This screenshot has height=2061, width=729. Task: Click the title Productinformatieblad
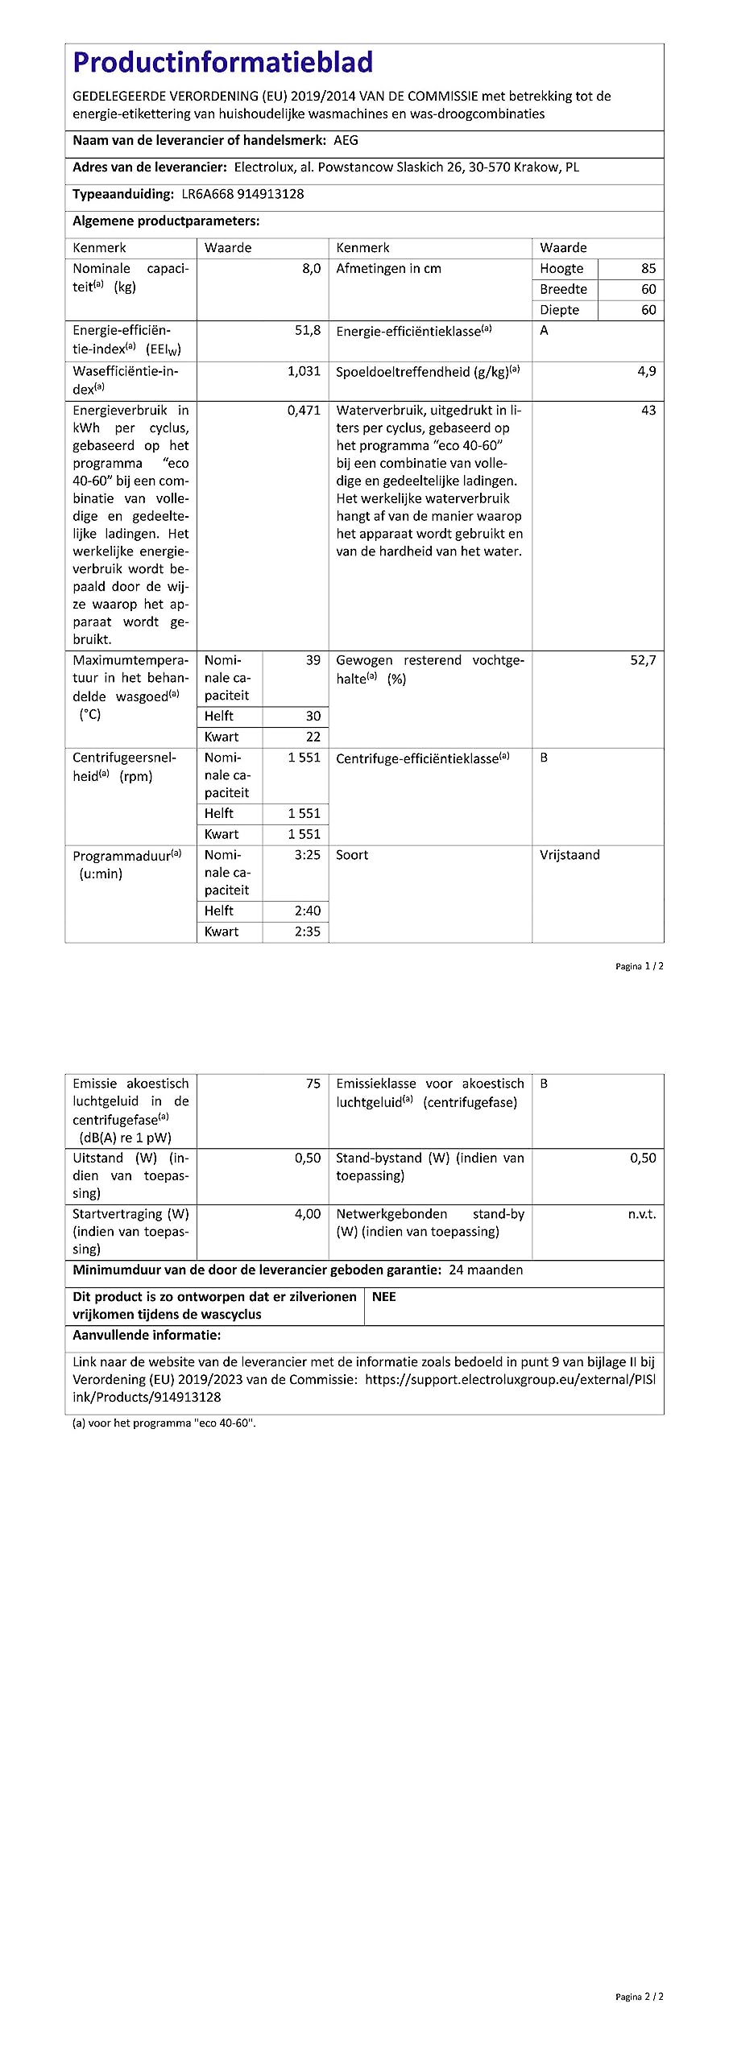pos(222,63)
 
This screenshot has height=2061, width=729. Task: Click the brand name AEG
pos(346,140)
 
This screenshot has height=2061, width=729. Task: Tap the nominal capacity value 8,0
pos(311,269)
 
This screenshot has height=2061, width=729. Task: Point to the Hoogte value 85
pos(648,269)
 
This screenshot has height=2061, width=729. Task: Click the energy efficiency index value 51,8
pos(307,330)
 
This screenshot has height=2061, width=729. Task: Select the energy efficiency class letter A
pos(544,331)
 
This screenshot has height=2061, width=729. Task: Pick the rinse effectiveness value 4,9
pos(646,371)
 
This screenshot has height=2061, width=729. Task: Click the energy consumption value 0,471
pos(304,411)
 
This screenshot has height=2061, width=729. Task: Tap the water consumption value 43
pos(648,411)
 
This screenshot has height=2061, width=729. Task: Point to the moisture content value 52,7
pos(643,660)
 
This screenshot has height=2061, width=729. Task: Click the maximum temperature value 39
pos(313,660)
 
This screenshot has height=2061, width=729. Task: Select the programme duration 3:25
pos(307,855)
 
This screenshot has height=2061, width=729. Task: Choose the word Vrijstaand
pos(570,855)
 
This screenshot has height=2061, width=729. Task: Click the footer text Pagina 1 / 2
pos(640,966)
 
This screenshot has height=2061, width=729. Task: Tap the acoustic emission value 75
pos(313,1084)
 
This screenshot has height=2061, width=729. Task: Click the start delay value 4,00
pos(307,1214)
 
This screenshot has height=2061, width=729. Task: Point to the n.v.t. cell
pos(642,1214)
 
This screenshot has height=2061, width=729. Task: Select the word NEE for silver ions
pos(383,1297)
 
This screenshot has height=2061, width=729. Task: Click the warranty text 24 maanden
pos(486,1270)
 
